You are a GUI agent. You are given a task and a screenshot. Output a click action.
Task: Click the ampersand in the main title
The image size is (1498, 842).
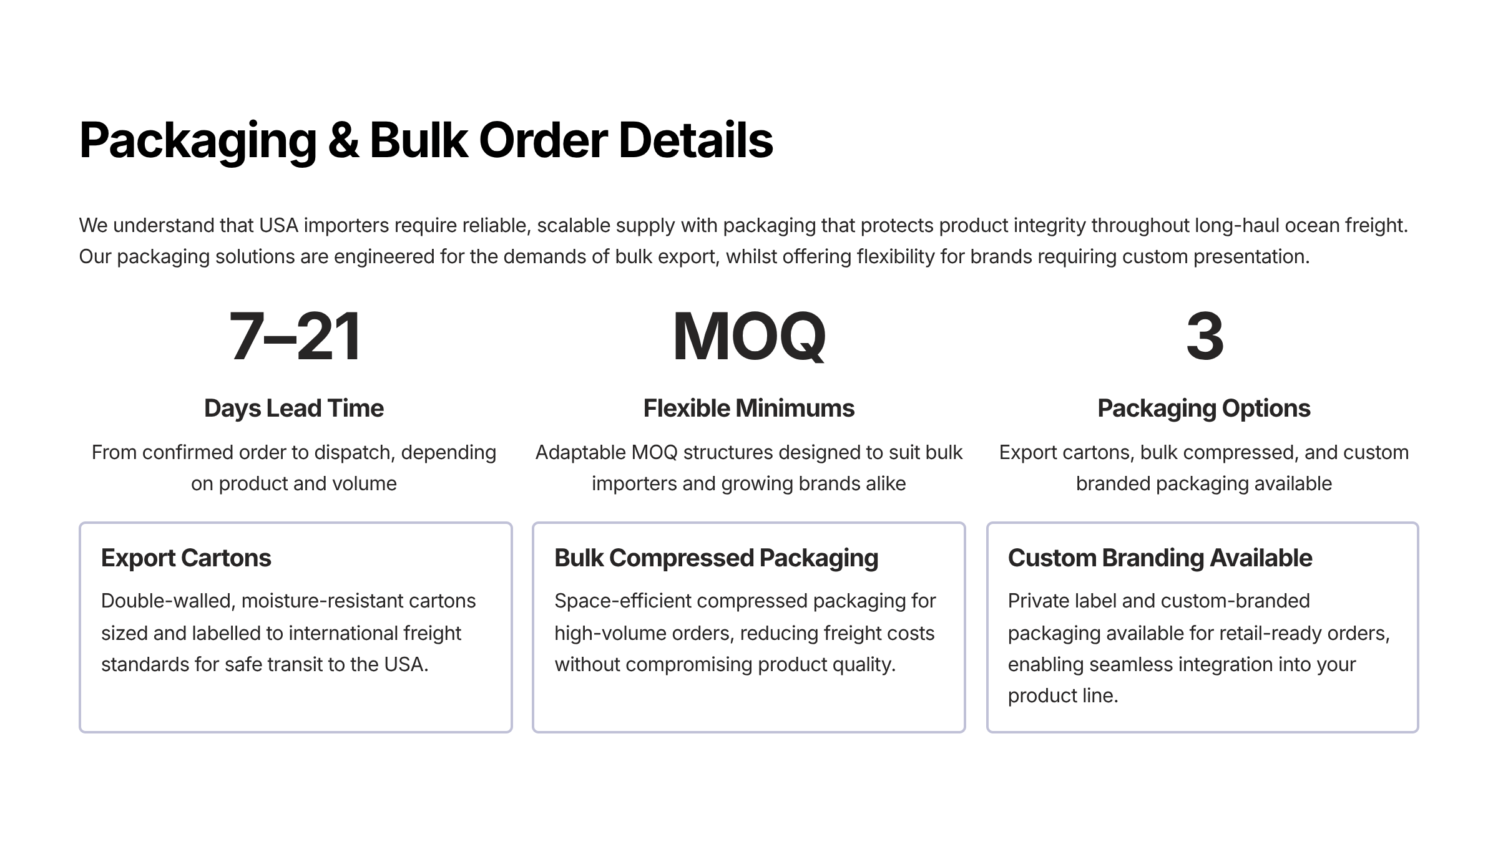click(343, 140)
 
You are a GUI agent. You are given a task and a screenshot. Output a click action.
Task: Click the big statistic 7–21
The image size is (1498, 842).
click(295, 337)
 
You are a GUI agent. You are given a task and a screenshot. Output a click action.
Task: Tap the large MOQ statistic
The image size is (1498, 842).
click(748, 337)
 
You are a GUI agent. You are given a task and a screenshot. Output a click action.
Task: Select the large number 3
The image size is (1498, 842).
click(1204, 337)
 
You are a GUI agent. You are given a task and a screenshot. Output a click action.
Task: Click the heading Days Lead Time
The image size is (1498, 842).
click(294, 409)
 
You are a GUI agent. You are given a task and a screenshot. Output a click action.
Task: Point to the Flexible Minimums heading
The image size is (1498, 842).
click(748, 409)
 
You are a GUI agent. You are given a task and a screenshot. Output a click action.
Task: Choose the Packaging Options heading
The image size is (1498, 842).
click(1203, 409)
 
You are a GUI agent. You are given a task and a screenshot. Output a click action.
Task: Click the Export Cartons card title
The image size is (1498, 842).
click(186, 558)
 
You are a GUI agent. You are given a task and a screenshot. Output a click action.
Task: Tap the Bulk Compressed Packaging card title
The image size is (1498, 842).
click(716, 558)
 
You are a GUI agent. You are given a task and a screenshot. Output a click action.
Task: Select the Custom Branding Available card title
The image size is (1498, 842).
click(1160, 558)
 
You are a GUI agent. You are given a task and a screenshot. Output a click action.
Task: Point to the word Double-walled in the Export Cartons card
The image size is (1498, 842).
click(168, 601)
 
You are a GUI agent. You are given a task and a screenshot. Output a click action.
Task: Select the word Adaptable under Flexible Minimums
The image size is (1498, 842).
click(580, 452)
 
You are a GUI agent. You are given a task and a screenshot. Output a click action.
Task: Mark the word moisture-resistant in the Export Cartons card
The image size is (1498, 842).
click(321, 601)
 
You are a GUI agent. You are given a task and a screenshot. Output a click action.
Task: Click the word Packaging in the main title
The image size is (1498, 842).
click(198, 140)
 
